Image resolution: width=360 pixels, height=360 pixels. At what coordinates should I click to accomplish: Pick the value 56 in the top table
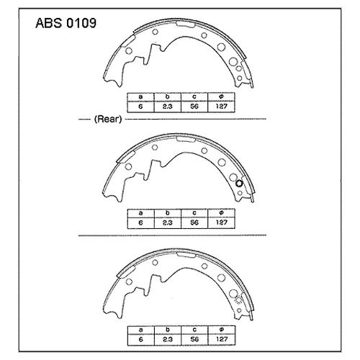tap(194, 105)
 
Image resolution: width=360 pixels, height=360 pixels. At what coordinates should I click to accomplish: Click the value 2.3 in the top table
tap(167, 105)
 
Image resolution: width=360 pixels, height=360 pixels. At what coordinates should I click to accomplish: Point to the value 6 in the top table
tap(140, 105)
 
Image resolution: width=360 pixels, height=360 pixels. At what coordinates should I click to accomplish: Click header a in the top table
tap(140, 96)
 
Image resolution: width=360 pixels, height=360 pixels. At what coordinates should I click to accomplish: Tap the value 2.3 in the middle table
tap(167, 222)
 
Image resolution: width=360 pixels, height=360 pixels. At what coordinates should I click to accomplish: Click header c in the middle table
tap(194, 214)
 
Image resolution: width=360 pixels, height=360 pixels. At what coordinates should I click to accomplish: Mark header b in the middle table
tap(167, 214)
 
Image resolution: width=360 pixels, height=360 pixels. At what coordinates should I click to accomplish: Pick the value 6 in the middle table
tap(140, 222)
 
